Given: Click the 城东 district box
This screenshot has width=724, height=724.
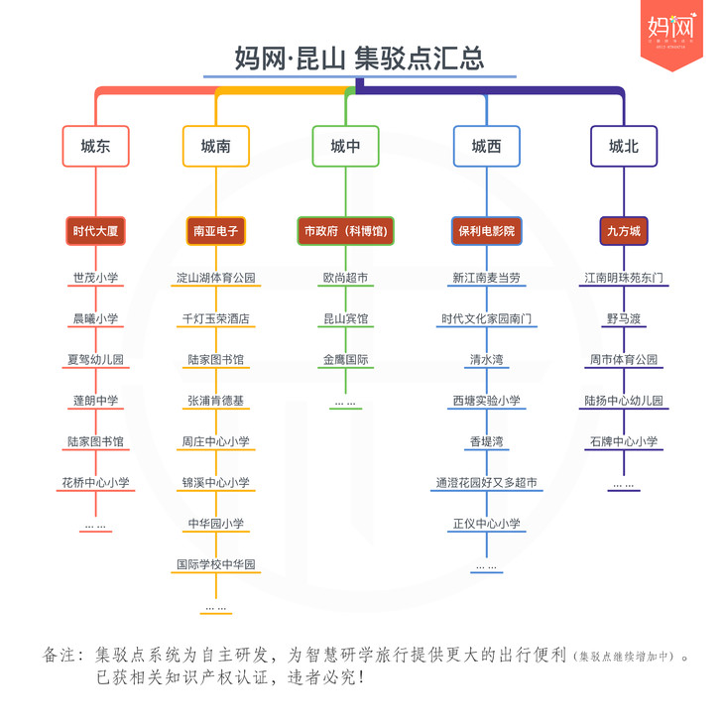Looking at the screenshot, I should [96, 147].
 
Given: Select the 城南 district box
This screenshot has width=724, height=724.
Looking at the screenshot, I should [216, 147].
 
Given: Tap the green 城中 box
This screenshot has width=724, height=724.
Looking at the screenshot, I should [345, 147].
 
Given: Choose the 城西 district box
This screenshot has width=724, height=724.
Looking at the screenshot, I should [486, 147].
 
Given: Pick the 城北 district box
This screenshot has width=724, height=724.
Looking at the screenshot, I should [624, 147].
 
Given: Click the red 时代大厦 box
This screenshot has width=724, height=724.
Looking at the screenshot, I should [96, 231].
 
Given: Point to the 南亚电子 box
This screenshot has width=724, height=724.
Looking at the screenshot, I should [216, 231].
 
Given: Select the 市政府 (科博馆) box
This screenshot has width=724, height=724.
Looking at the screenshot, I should [345, 231].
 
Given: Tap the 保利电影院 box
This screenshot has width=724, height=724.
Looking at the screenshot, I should [486, 231].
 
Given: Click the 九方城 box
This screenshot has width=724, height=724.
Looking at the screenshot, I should [624, 231].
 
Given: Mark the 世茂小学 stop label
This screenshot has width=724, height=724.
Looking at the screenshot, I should [96, 278].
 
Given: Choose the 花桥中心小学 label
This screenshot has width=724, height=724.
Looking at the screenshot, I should [96, 483].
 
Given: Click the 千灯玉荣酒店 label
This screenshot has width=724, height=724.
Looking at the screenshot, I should [216, 319].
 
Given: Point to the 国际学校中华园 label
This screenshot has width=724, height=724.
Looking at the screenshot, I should [216, 564].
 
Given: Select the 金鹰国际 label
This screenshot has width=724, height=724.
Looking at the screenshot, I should [345, 360].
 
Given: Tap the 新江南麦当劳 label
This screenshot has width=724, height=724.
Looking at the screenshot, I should [486, 278].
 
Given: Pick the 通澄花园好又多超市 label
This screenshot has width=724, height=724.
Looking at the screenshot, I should [486, 483].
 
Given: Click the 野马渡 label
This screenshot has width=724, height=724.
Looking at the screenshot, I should [624, 319].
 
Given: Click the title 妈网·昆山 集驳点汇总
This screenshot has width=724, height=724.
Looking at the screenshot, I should [360, 58].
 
